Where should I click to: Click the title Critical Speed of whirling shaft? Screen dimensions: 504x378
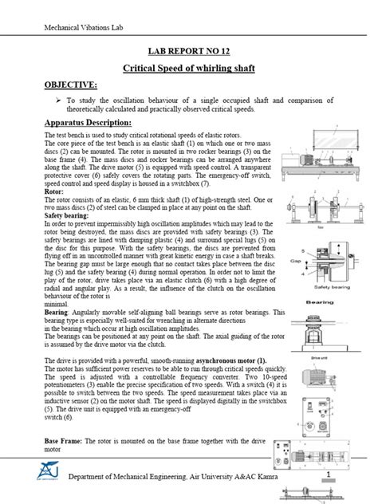(189, 69)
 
